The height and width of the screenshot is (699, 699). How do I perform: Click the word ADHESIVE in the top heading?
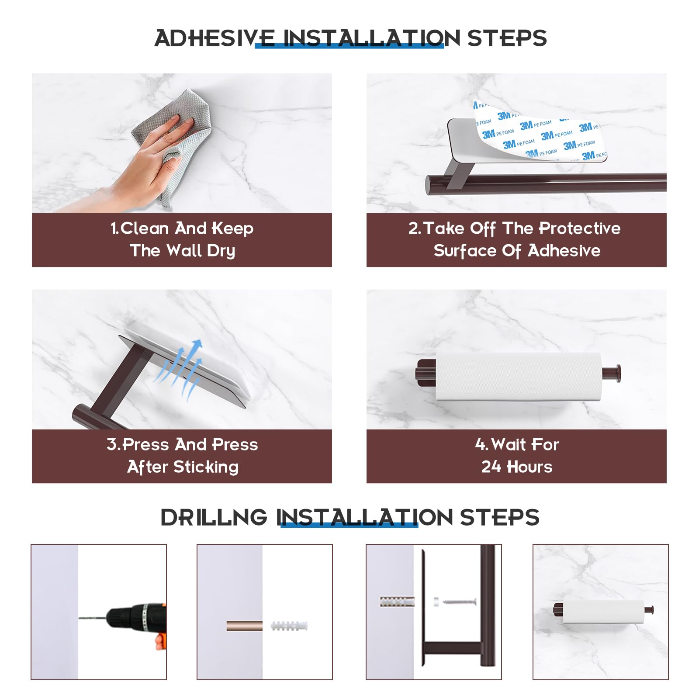215,38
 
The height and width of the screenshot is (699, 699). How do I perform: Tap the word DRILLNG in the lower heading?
214,517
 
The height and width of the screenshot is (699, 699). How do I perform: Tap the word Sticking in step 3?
206,467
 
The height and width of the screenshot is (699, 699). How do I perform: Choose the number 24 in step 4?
491,467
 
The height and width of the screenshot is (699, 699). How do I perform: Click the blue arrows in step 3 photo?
179,369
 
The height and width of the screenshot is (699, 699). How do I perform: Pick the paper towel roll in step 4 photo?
519,377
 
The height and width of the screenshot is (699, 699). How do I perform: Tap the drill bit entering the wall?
93,618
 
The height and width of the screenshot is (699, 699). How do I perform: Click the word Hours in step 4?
529,467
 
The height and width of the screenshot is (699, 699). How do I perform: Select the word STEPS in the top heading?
507,38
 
